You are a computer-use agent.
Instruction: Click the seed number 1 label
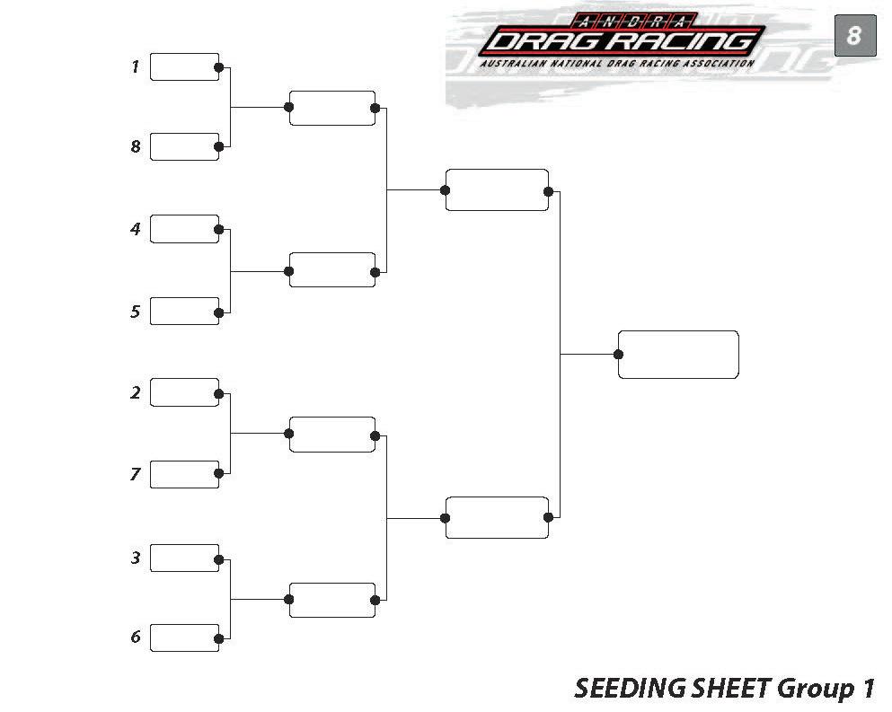coord(136,66)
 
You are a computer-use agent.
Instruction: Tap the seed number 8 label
coord(136,146)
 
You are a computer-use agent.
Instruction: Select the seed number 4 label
coord(136,229)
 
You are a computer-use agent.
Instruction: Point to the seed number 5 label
coord(136,312)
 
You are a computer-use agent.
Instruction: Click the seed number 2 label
coord(136,392)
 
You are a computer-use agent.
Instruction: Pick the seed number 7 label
coord(136,474)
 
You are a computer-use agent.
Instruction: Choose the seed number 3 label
coord(136,558)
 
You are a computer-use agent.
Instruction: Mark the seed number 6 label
coord(136,637)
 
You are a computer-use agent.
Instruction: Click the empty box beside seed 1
coord(184,66)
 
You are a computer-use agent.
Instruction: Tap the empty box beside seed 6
coord(184,637)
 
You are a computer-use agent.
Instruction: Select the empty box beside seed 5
coord(184,311)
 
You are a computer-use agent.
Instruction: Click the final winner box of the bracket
coord(678,354)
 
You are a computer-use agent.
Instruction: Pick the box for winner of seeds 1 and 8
coord(331,108)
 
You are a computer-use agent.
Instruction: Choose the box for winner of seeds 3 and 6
coord(331,600)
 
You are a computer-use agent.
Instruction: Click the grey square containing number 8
coord(854,36)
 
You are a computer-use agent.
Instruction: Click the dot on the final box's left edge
coord(619,354)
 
